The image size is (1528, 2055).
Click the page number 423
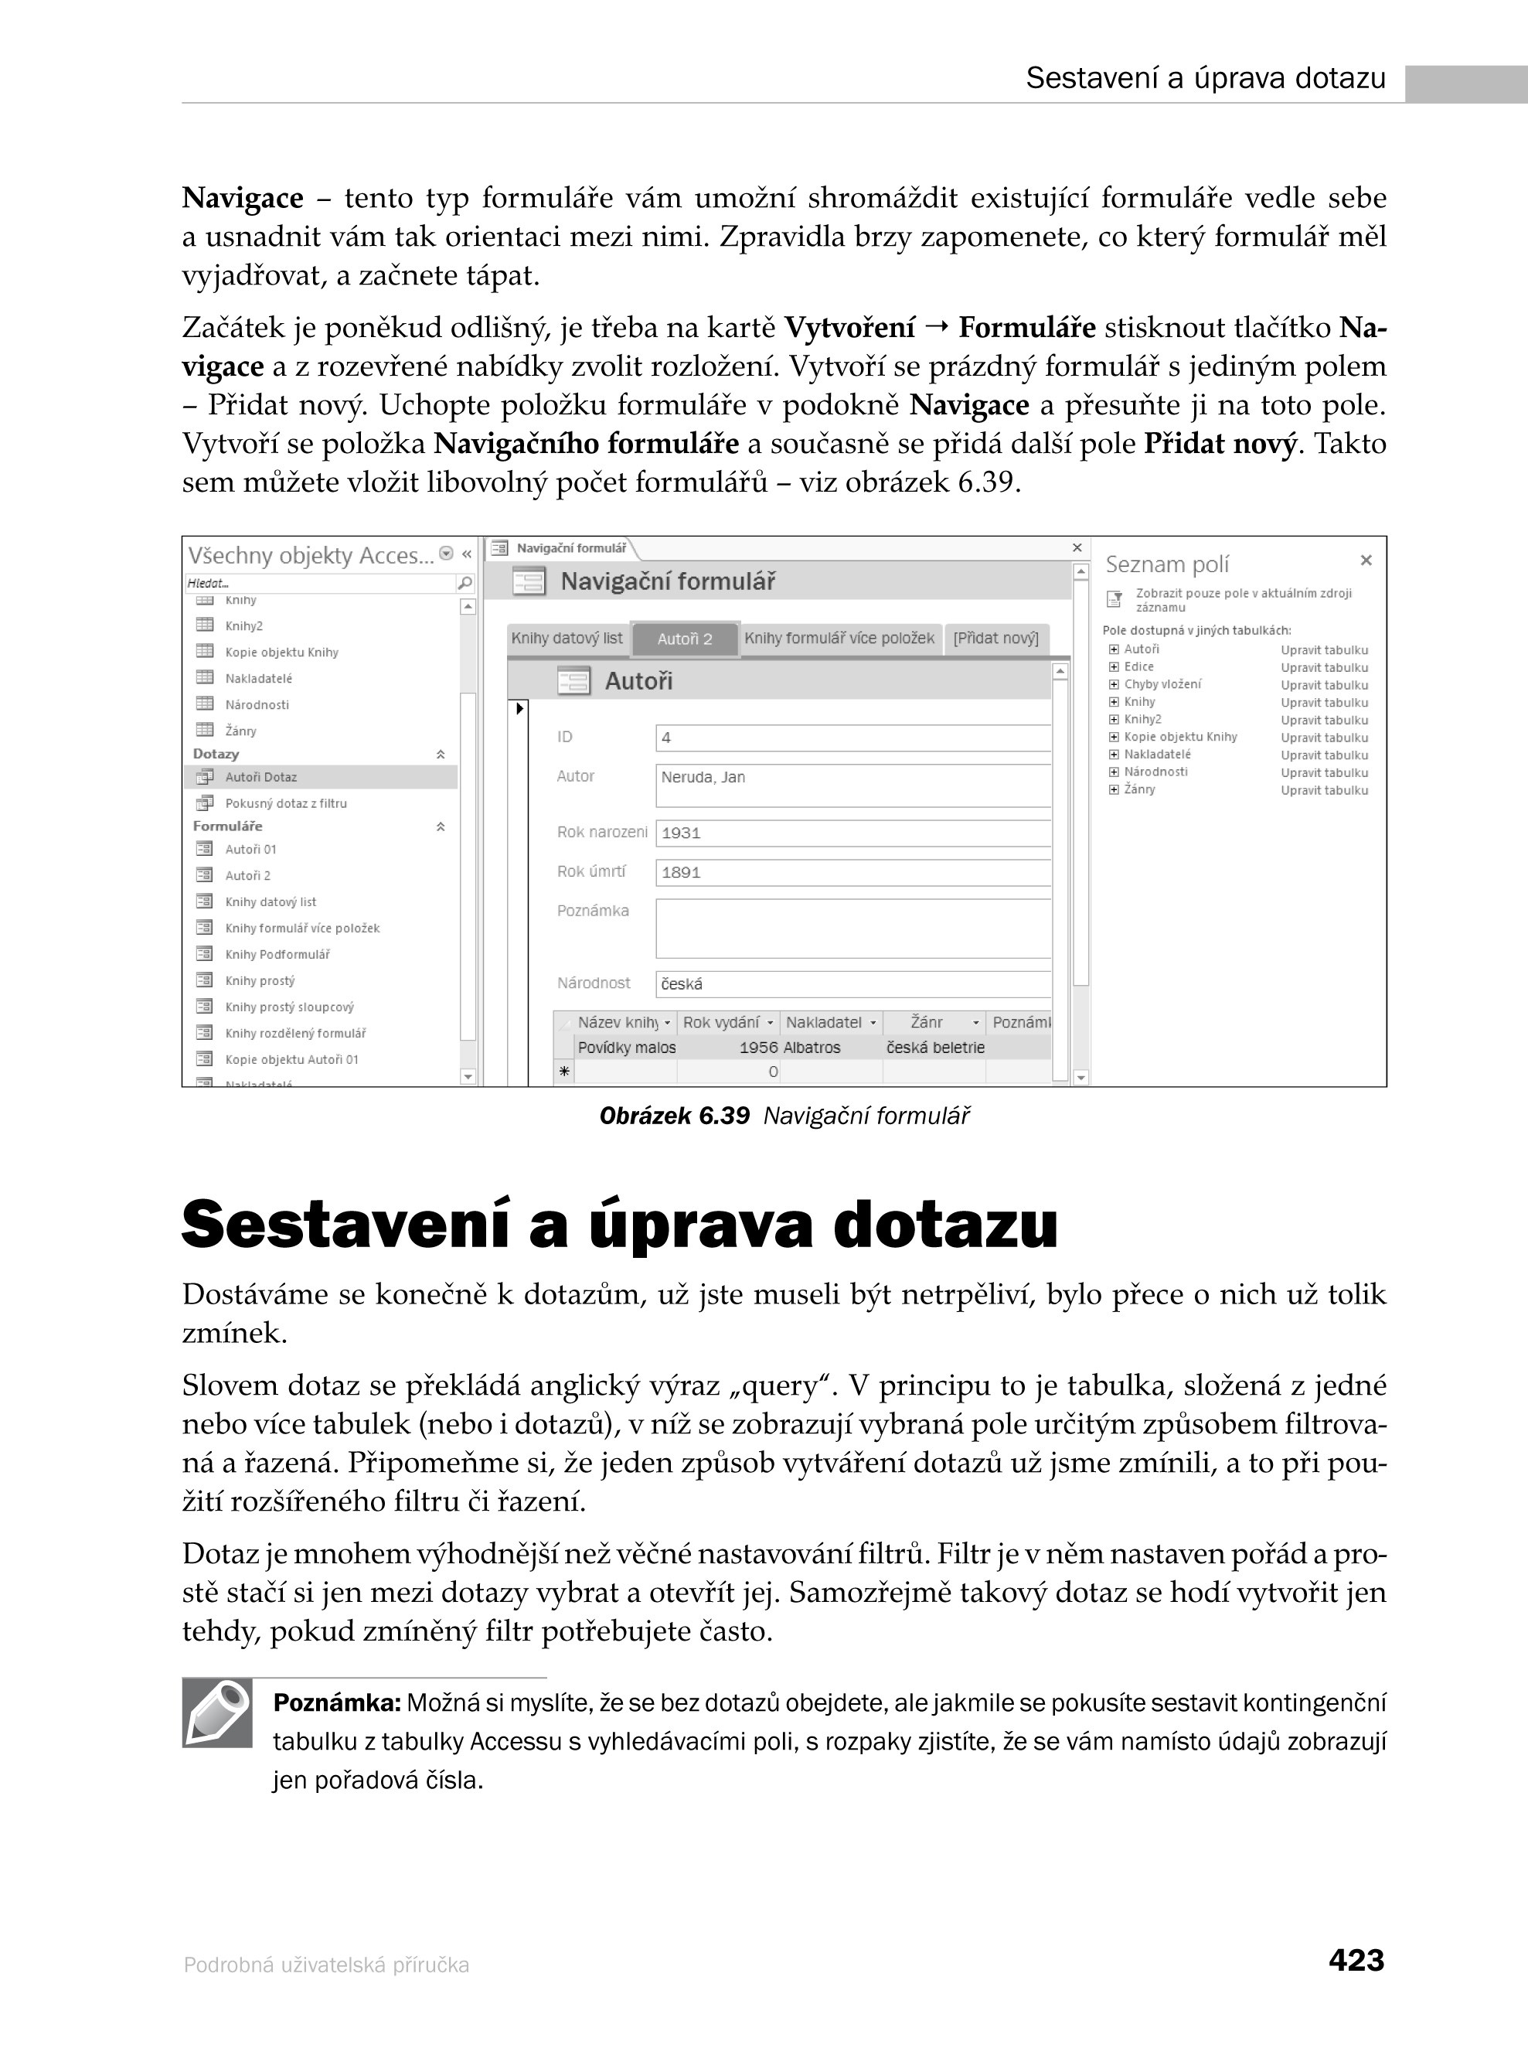(1355, 1960)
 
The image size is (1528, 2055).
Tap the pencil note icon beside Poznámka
(217, 1712)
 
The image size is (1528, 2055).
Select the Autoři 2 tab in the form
(685, 639)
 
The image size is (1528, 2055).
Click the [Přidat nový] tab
(995, 639)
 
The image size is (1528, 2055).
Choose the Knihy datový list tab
(567, 639)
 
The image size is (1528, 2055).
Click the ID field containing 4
(852, 738)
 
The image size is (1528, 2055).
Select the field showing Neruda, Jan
(852, 785)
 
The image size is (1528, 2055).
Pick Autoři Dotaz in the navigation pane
(260, 777)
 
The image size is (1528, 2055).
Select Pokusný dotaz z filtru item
(286, 803)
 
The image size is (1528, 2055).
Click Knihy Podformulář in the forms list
(277, 954)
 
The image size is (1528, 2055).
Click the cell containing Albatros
(812, 1048)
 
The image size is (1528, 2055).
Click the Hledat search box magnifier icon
(465, 583)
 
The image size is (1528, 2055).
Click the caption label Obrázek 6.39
(674, 1116)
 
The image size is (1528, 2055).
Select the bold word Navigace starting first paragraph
(243, 198)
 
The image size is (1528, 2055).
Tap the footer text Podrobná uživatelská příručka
(326, 1965)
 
